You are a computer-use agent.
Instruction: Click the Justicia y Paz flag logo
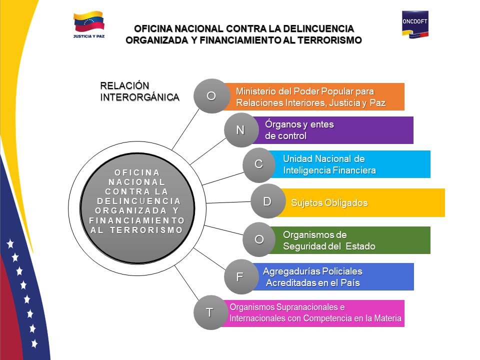coord(89,25)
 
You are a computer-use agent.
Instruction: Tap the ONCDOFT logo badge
coord(415,24)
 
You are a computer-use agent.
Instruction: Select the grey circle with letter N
coord(240,130)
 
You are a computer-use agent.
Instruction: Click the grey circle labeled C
coord(259,164)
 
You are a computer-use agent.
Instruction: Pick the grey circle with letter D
coord(267,201)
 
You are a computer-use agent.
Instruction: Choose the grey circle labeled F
coord(240,276)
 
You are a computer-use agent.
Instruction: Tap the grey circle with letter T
coord(210,312)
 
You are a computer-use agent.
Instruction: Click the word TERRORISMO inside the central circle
coord(146,230)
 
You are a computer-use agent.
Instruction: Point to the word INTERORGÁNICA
coord(139,97)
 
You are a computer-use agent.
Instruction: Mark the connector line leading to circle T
coord(186,283)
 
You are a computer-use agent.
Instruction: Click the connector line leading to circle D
coord(228,202)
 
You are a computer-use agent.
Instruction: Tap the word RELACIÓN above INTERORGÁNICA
coord(124,85)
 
